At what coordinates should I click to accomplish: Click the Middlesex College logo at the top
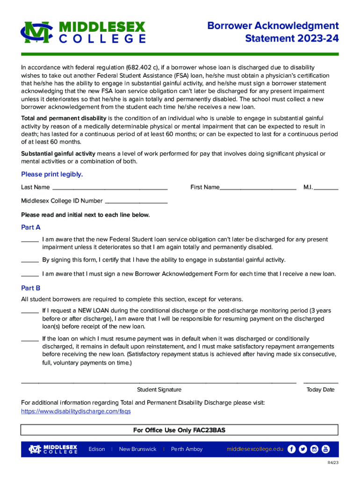83,32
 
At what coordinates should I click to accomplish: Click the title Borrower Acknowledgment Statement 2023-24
273,31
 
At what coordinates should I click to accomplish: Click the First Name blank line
258,188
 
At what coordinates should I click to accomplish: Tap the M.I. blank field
326,188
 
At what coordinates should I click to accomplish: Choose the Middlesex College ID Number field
136,201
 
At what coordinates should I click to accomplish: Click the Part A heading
31,227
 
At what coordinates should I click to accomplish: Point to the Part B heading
31,288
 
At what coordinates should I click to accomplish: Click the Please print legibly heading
52,174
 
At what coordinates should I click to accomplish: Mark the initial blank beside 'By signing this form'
30,261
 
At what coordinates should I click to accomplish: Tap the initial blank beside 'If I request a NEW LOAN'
30,311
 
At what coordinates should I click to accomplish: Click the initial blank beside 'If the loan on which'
30,339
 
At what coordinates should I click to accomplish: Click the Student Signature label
159,390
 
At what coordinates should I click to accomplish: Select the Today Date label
320,390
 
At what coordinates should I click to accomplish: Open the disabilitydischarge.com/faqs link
76,411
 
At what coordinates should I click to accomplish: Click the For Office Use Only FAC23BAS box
180,430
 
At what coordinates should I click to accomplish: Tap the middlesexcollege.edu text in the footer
255,449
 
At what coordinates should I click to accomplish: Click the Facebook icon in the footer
292,449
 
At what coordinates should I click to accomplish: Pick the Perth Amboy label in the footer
187,449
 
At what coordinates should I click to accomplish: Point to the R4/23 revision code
332,463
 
